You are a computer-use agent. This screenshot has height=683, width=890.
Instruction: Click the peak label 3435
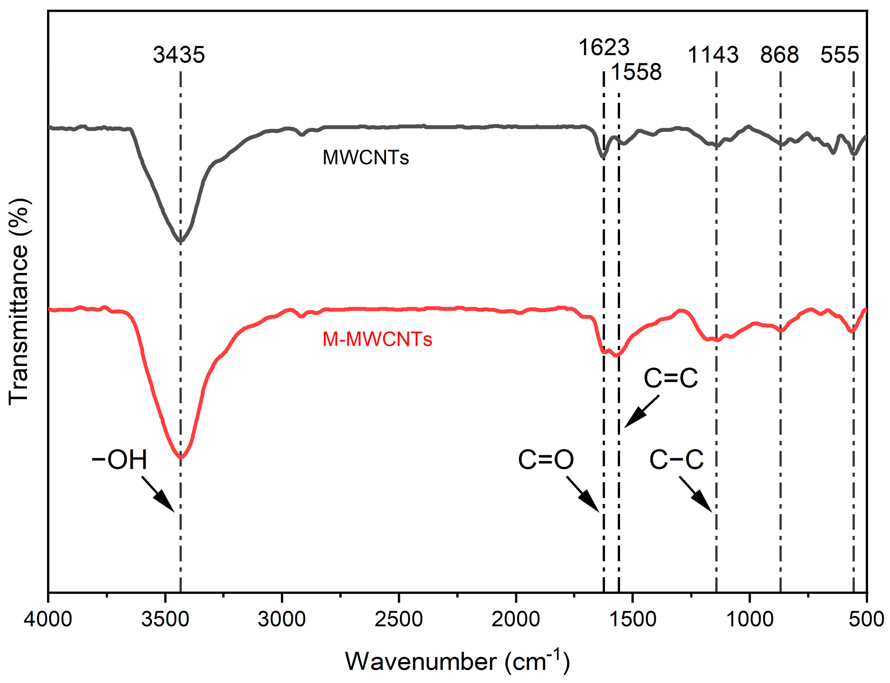pyautogui.click(x=179, y=55)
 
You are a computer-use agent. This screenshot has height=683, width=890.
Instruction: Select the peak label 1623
pyautogui.click(x=604, y=47)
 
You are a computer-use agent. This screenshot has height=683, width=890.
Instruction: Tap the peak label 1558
pyautogui.click(x=636, y=72)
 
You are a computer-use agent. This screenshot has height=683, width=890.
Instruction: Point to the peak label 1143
pyautogui.click(x=713, y=55)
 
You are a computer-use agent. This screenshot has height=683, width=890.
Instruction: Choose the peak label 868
pyautogui.click(x=779, y=55)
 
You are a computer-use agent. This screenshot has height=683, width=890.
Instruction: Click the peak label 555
pyautogui.click(x=839, y=55)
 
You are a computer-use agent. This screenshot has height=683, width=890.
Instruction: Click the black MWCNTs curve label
pyautogui.click(x=366, y=158)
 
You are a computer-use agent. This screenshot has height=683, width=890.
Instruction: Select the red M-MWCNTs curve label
pyautogui.click(x=377, y=339)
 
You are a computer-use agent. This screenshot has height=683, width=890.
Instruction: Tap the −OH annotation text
pyautogui.click(x=119, y=460)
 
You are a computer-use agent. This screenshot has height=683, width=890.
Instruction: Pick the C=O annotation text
pyautogui.click(x=546, y=460)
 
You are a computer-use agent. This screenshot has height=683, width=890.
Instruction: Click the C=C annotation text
pyautogui.click(x=671, y=378)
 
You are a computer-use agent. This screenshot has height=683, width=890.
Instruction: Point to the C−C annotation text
pyautogui.click(x=676, y=460)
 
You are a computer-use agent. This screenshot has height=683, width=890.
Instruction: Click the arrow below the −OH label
pyautogui.click(x=158, y=494)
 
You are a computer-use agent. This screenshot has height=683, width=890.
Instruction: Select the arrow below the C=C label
pyautogui.click(x=642, y=411)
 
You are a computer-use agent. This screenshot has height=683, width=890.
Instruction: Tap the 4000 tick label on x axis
pyautogui.click(x=48, y=620)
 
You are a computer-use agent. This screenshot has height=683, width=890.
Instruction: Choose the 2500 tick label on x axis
pyautogui.click(x=399, y=620)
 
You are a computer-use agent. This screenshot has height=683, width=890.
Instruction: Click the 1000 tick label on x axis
pyautogui.click(x=749, y=620)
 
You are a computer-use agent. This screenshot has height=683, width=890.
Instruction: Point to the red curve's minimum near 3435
pyautogui.click(x=181, y=457)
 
